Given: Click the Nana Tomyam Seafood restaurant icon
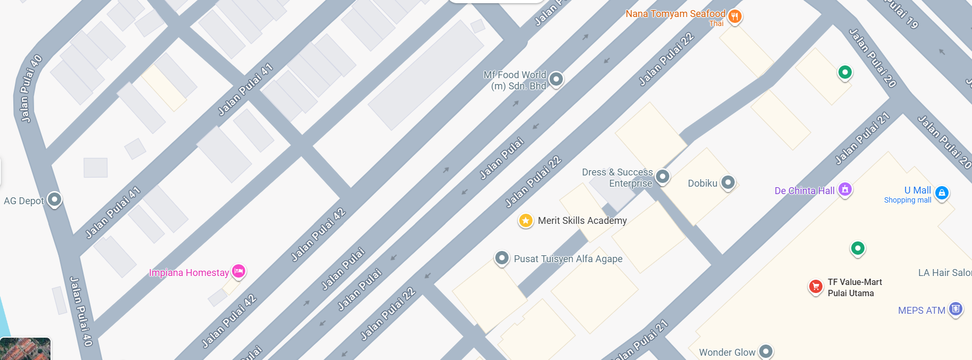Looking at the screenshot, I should [735, 16].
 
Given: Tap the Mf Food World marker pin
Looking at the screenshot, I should [556, 79].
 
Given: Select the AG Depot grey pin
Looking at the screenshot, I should [54, 199].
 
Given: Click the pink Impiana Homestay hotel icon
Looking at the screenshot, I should [239, 271].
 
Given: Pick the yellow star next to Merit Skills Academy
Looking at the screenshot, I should [526, 220].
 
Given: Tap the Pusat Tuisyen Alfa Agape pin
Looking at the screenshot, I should [502, 258].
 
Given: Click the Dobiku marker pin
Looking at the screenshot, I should [728, 182].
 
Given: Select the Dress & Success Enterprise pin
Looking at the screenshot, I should [662, 176].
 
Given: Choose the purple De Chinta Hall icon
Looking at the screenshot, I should [845, 189].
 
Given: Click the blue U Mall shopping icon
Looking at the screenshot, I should [942, 192].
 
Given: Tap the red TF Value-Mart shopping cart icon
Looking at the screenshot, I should [815, 286].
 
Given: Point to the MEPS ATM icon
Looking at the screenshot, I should [956, 308].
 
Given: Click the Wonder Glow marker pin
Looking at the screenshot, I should [766, 351].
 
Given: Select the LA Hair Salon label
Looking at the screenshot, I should [944, 273].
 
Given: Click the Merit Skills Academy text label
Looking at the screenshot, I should [582, 221].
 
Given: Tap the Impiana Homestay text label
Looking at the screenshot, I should [189, 273].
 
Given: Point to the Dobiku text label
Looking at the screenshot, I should [702, 183].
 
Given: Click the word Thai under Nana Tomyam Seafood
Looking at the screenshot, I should [716, 23].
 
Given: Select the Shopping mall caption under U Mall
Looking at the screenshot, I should [908, 200].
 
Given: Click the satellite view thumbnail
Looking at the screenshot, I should [25, 349].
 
